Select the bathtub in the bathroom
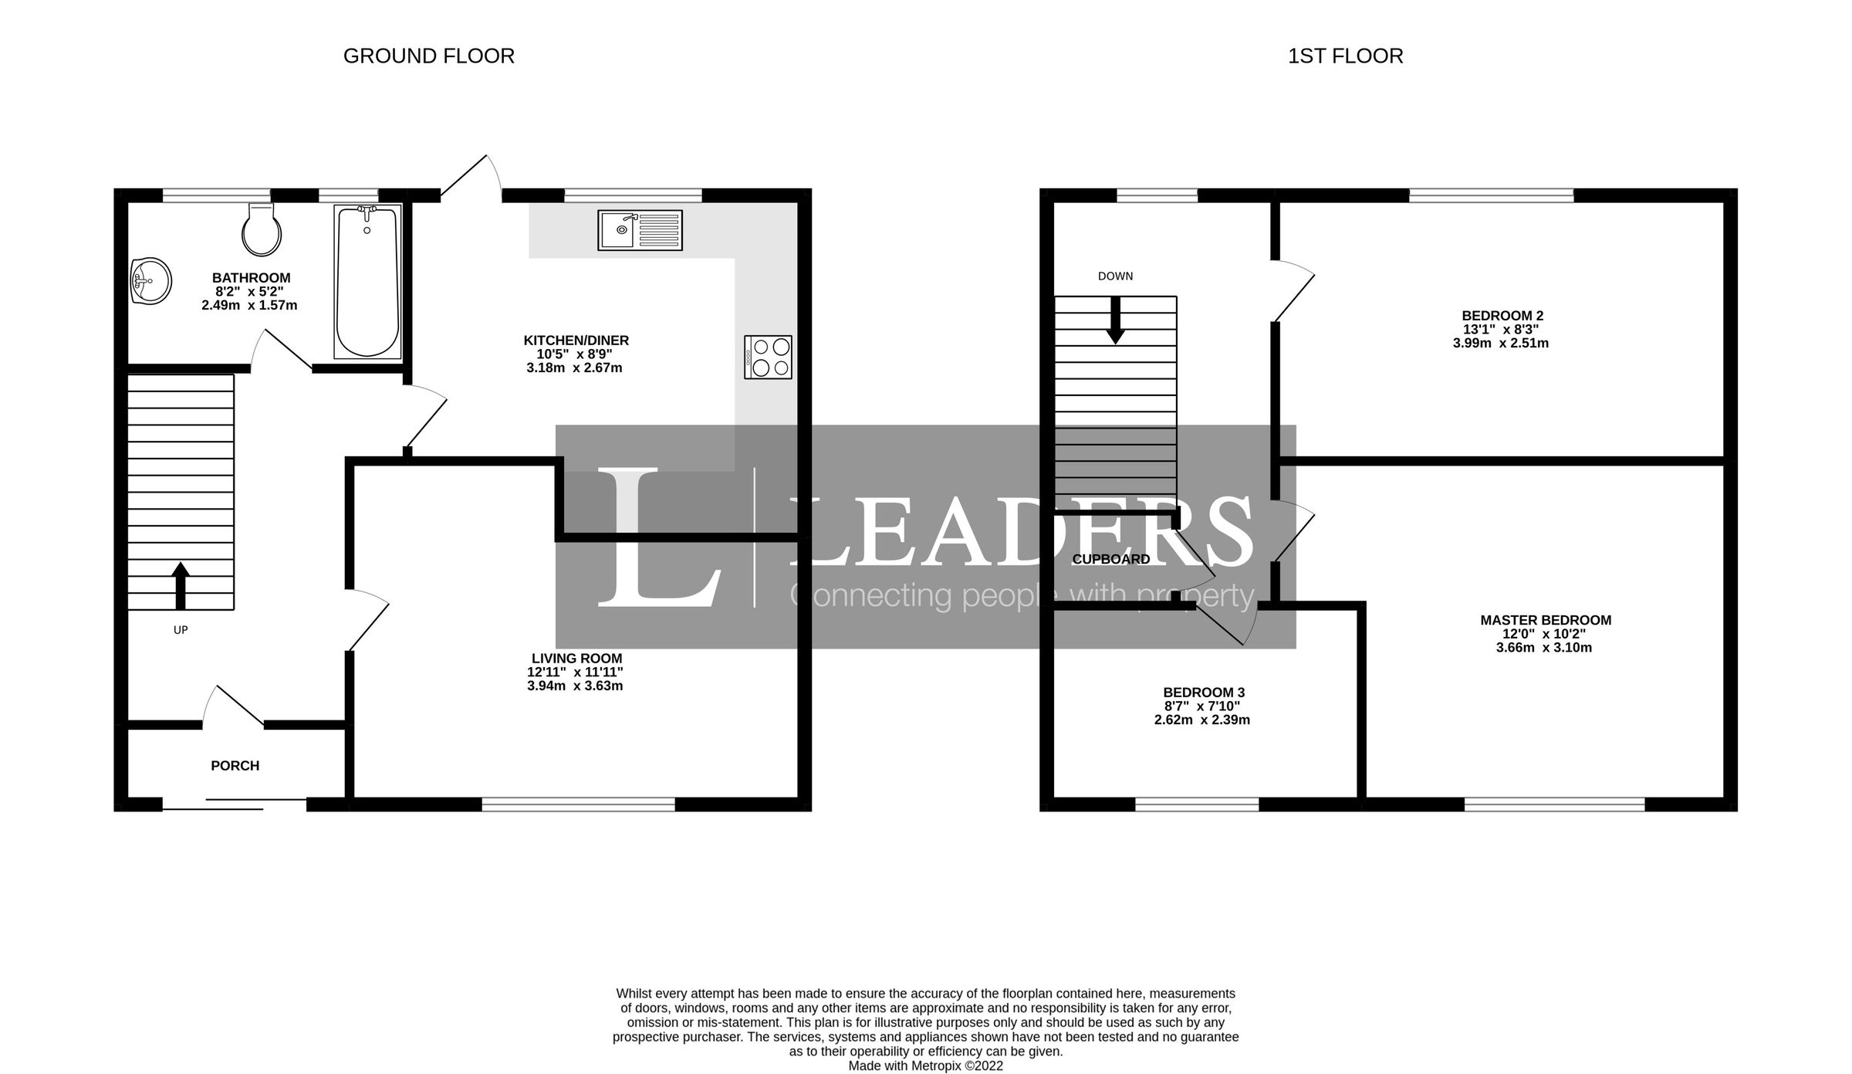click(x=368, y=282)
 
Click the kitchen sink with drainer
click(x=640, y=230)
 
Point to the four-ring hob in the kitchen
click(x=768, y=357)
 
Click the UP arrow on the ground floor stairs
click(x=181, y=586)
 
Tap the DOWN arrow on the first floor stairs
click(x=1115, y=320)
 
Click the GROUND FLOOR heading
click(x=428, y=56)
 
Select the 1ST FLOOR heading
click(x=1345, y=56)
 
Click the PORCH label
click(x=235, y=765)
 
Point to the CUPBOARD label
click(x=1111, y=559)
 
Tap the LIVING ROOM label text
click(x=576, y=658)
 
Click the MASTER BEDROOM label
click(x=1546, y=620)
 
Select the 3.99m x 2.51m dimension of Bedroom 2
click(x=1500, y=343)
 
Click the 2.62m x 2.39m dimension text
click(x=1202, y=720)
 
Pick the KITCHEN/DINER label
click(x=576, y=340)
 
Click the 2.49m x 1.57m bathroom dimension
click(x=249, y=305)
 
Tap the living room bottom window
click(x=578, y=804)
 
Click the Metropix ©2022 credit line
click(x=925, y=1066)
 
